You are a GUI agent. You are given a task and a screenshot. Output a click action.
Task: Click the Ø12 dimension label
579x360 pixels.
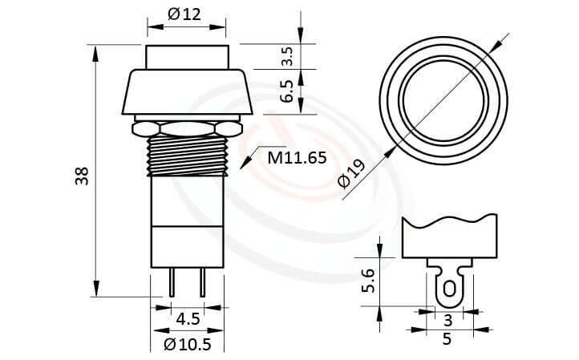(x=185, y=14)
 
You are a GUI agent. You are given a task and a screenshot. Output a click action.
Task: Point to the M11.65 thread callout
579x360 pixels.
(x=297, y=157)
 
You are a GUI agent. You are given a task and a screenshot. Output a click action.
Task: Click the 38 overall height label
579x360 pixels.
(x=81, y=176)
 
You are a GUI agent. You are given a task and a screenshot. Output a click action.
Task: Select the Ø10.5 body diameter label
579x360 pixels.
(x=188, y=345)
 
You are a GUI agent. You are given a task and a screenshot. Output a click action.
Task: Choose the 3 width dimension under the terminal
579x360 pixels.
(x=447, y=320)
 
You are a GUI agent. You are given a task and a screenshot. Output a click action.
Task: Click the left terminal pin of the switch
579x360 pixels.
(x=172, y=282)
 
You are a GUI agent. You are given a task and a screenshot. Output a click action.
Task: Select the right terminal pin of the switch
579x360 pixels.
(x=202, y=282)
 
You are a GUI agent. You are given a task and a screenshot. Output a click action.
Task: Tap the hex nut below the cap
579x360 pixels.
(x=186, y=127)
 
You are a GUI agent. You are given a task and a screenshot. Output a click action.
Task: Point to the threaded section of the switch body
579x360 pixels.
(x=186, y=154)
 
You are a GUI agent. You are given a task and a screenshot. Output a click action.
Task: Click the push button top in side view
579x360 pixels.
(x=186, y=57)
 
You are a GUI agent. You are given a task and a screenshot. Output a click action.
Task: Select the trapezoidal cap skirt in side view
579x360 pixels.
(x=186, y=92)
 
